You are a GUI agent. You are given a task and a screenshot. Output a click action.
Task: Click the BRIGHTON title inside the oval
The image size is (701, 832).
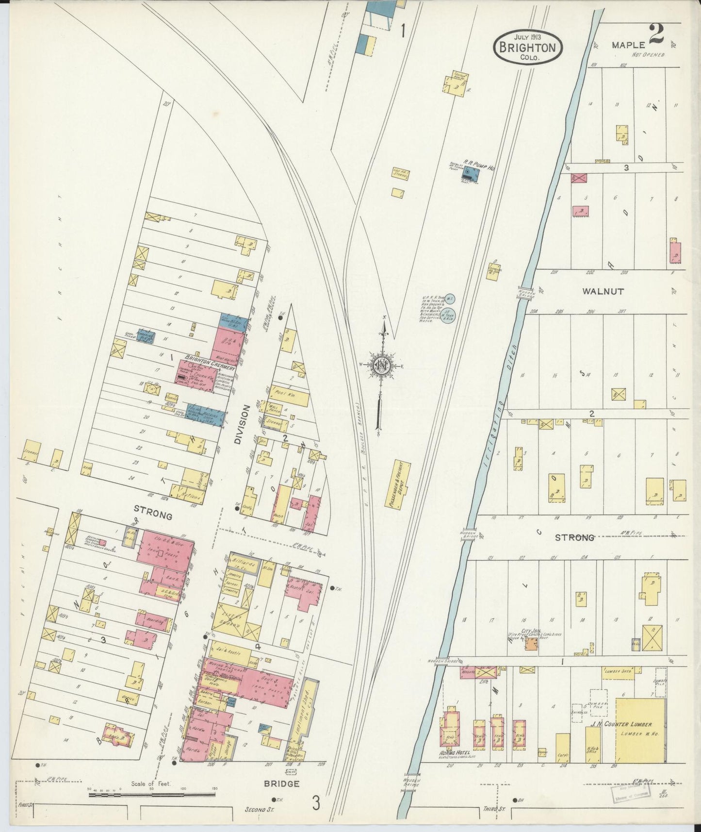pos(528,48)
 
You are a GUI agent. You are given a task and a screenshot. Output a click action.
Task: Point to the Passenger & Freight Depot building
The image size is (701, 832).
pos(403,484)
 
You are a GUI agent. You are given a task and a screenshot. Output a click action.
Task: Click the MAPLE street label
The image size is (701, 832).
pos(628,45)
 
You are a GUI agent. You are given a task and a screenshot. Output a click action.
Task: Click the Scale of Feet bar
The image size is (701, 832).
pos(152,795)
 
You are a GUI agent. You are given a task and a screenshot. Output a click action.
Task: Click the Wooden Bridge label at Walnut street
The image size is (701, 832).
pos(527,293)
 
